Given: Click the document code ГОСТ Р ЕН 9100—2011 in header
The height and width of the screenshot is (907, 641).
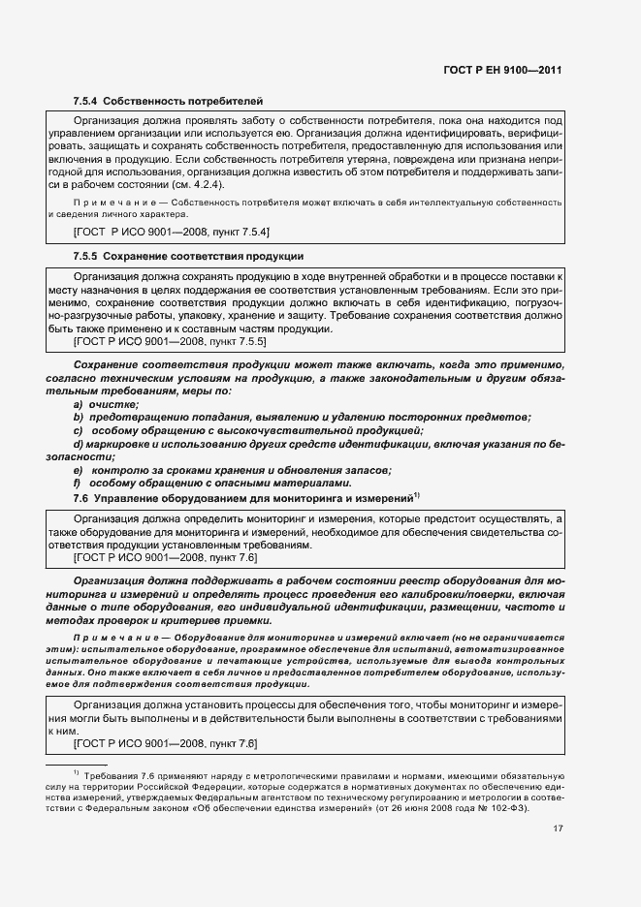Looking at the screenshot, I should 503,71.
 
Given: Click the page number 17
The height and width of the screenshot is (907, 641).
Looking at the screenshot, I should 558,829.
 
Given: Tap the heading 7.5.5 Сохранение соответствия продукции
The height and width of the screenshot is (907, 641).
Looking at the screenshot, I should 188,257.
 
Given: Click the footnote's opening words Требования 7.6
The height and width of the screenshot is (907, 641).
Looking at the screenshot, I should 118,777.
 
